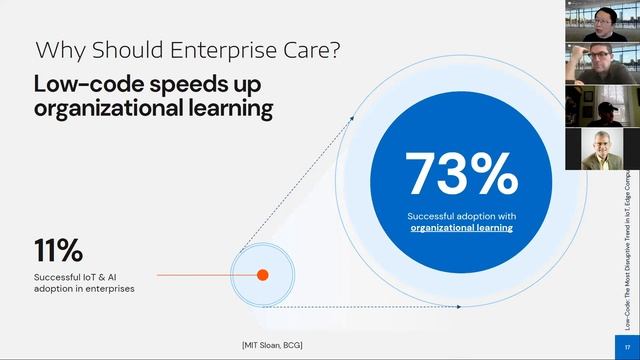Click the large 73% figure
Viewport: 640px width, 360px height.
tap(461, 173)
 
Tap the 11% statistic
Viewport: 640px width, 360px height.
tap(58, 250)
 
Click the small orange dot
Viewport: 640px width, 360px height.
tap(263, 274)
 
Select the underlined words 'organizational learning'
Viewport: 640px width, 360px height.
tap(461, 228)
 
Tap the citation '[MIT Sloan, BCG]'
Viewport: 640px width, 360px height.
tap(272, 345)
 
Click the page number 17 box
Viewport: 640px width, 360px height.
tap(628, 347)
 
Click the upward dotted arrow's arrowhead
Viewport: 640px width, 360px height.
tap(351, 117)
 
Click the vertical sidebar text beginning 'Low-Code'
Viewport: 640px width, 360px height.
tap(627, 250)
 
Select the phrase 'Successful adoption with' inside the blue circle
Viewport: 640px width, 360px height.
tap(461, 216)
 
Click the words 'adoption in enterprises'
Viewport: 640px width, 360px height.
tap(84, 288)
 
